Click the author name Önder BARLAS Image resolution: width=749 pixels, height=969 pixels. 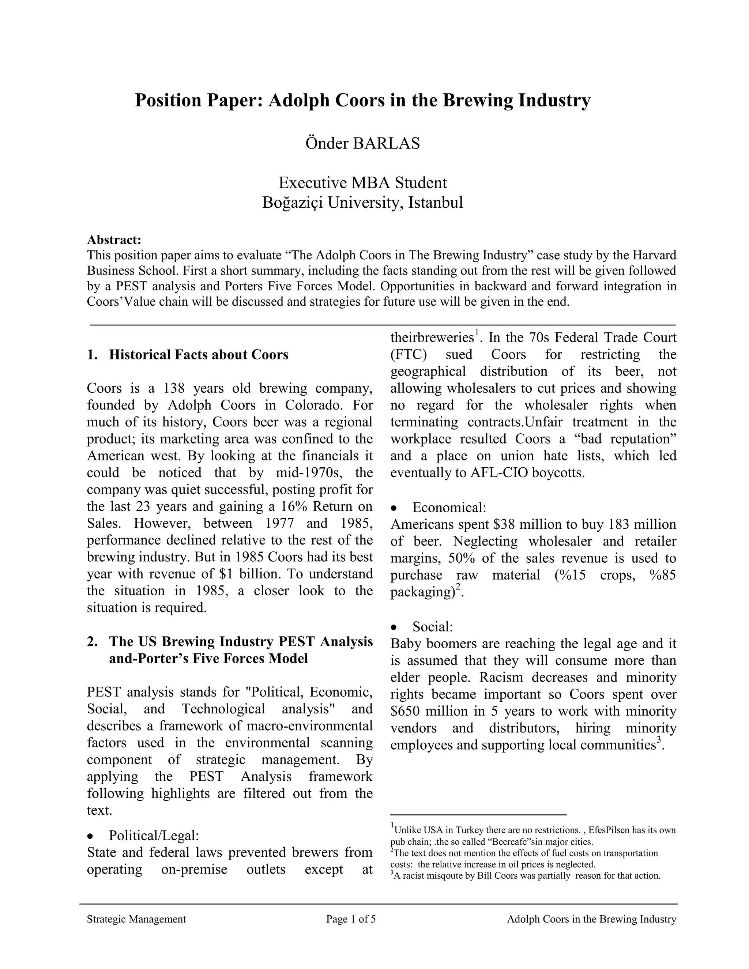[x=362, y=143]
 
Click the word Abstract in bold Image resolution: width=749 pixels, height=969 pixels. [x=114, y=240]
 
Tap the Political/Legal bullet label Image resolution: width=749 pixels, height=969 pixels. [x=154, y=836]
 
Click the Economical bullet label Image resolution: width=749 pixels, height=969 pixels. [x=449, y=507]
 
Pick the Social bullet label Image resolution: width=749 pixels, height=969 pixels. [x=432, y=626]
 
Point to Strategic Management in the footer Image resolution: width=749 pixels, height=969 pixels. [x=136, y=919]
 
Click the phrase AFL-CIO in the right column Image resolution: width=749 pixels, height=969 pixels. [x=499, y=473]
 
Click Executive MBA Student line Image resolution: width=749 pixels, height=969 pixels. [x=362, y=182]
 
